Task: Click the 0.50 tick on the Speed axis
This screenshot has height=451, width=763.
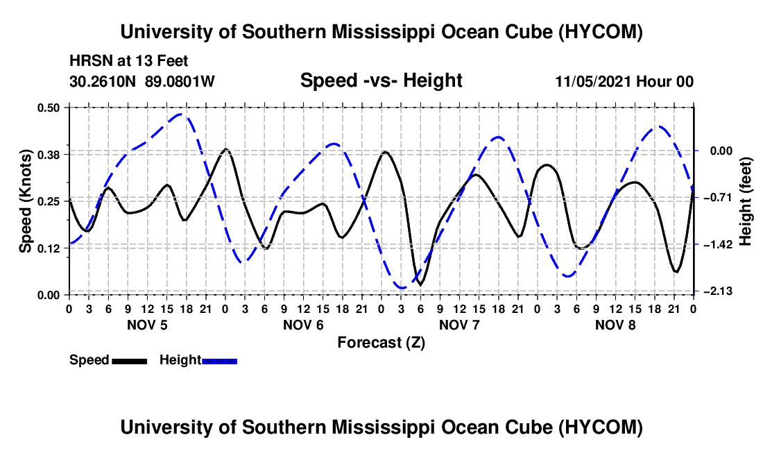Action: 48,108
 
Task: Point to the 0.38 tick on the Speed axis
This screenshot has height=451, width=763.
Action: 48,155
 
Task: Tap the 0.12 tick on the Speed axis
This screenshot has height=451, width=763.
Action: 48,248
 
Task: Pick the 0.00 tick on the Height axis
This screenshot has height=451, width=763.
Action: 721,151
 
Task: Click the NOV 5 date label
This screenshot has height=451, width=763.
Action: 148,325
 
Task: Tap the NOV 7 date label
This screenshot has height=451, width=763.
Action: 459,325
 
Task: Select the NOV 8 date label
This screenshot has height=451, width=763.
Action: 615,325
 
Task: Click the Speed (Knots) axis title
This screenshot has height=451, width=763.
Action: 25,201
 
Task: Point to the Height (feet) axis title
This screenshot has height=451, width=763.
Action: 745,201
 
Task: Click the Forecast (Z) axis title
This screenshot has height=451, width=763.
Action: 381,343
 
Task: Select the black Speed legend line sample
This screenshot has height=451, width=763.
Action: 130,361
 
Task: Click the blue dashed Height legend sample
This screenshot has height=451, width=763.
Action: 219,361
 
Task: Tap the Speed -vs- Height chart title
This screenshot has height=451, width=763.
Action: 381,80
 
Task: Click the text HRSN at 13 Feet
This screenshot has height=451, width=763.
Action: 129,61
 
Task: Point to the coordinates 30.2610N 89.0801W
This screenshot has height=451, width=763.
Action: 142,81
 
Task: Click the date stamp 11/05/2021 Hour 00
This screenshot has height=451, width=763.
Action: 624,81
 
